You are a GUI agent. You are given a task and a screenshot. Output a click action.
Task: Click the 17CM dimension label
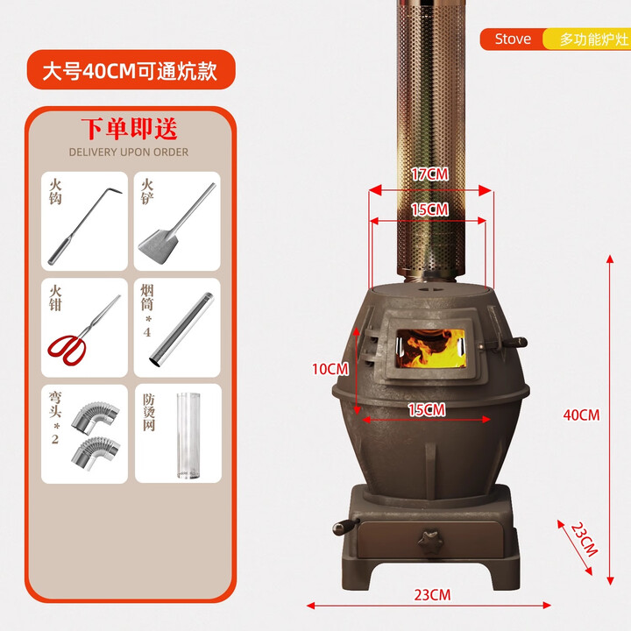(429, 174)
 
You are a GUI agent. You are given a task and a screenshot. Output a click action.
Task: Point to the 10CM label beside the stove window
(330, 368)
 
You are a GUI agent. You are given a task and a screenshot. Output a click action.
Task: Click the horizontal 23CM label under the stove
(432, 594)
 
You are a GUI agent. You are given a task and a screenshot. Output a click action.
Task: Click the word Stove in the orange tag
(513, 39)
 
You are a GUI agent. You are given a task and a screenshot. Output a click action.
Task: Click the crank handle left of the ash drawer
(341, 528)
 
